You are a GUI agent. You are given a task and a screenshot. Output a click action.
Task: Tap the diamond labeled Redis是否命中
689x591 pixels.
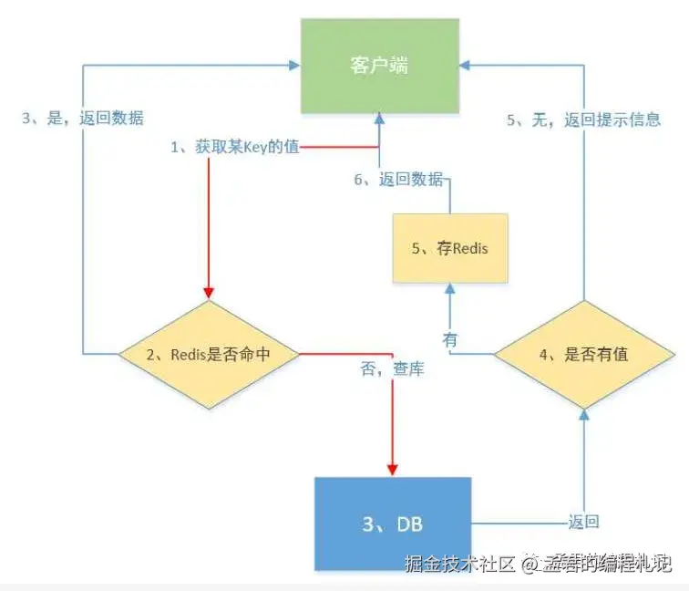(x=211, y=354)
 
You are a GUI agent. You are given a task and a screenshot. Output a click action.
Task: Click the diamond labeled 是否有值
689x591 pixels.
(x=584, y=354)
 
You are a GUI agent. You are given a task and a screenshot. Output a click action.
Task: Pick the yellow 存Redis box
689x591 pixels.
(x=450, y=247)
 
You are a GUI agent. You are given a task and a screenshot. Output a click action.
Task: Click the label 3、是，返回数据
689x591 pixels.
(x=83, y=119)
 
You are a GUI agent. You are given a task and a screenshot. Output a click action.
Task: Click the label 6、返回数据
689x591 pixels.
(x=399, y=179)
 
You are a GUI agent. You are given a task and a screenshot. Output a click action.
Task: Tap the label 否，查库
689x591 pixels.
(x=392, y=371)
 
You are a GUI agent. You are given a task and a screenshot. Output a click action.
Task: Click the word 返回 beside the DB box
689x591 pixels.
(x=583, y=523)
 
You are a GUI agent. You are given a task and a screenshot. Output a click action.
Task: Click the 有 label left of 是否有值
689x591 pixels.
(x=450, y=338)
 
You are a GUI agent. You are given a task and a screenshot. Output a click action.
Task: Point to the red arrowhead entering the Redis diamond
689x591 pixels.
(x=211, y=293)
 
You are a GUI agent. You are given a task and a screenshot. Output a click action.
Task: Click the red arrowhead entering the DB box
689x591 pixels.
(x=393, y=470)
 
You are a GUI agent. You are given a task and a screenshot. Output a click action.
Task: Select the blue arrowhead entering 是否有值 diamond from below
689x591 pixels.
(x=584, y=414)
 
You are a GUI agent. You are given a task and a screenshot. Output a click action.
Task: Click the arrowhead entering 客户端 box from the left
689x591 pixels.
(x=297, y=65)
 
